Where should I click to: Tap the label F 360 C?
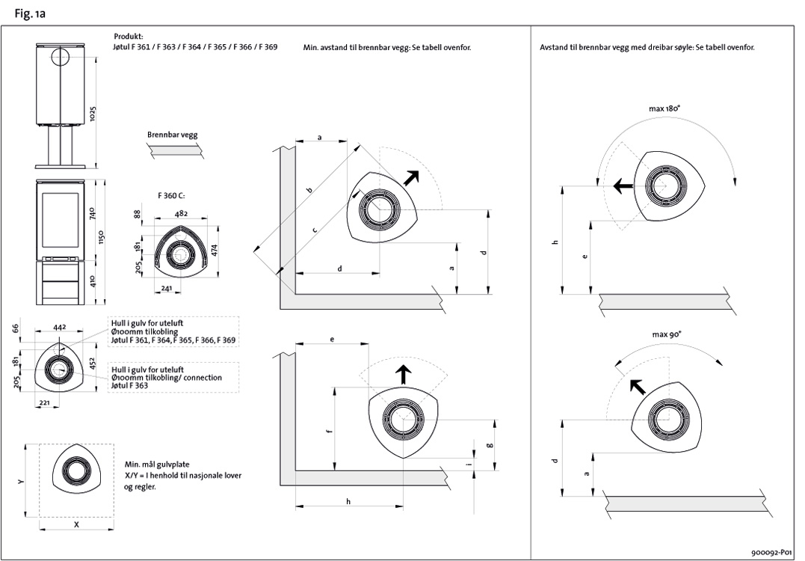point(170,195)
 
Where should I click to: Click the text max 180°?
point(664,108)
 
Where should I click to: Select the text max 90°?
point(665,335)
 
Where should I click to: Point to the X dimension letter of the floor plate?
point(76,525)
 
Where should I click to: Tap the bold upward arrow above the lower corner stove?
point(403,373)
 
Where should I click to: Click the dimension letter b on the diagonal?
point(309,190)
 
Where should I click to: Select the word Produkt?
point(128,36)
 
